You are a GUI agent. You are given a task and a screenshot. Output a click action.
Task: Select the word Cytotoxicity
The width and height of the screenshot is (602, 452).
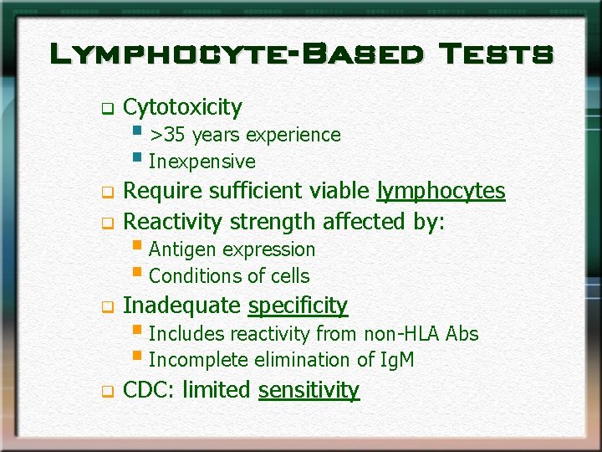coord(182,107)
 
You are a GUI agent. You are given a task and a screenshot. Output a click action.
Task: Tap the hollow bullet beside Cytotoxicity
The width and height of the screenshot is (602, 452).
coord(106,109)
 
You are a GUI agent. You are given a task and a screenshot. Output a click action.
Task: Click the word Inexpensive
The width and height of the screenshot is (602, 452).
coord(202,162)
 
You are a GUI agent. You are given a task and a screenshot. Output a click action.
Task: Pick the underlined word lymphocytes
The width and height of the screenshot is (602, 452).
coord(441,192)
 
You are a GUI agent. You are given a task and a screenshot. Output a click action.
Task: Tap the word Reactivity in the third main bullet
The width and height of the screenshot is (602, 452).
coord(173,222)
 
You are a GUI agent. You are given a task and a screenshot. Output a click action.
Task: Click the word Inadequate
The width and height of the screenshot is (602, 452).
coord(182,306)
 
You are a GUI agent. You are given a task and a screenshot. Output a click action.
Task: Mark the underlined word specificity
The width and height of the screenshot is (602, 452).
coord(298,306)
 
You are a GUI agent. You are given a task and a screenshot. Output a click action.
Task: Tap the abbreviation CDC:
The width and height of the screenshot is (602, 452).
coord(149,391)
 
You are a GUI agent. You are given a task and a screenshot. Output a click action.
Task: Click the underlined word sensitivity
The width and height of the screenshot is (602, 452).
coord(309,391)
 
